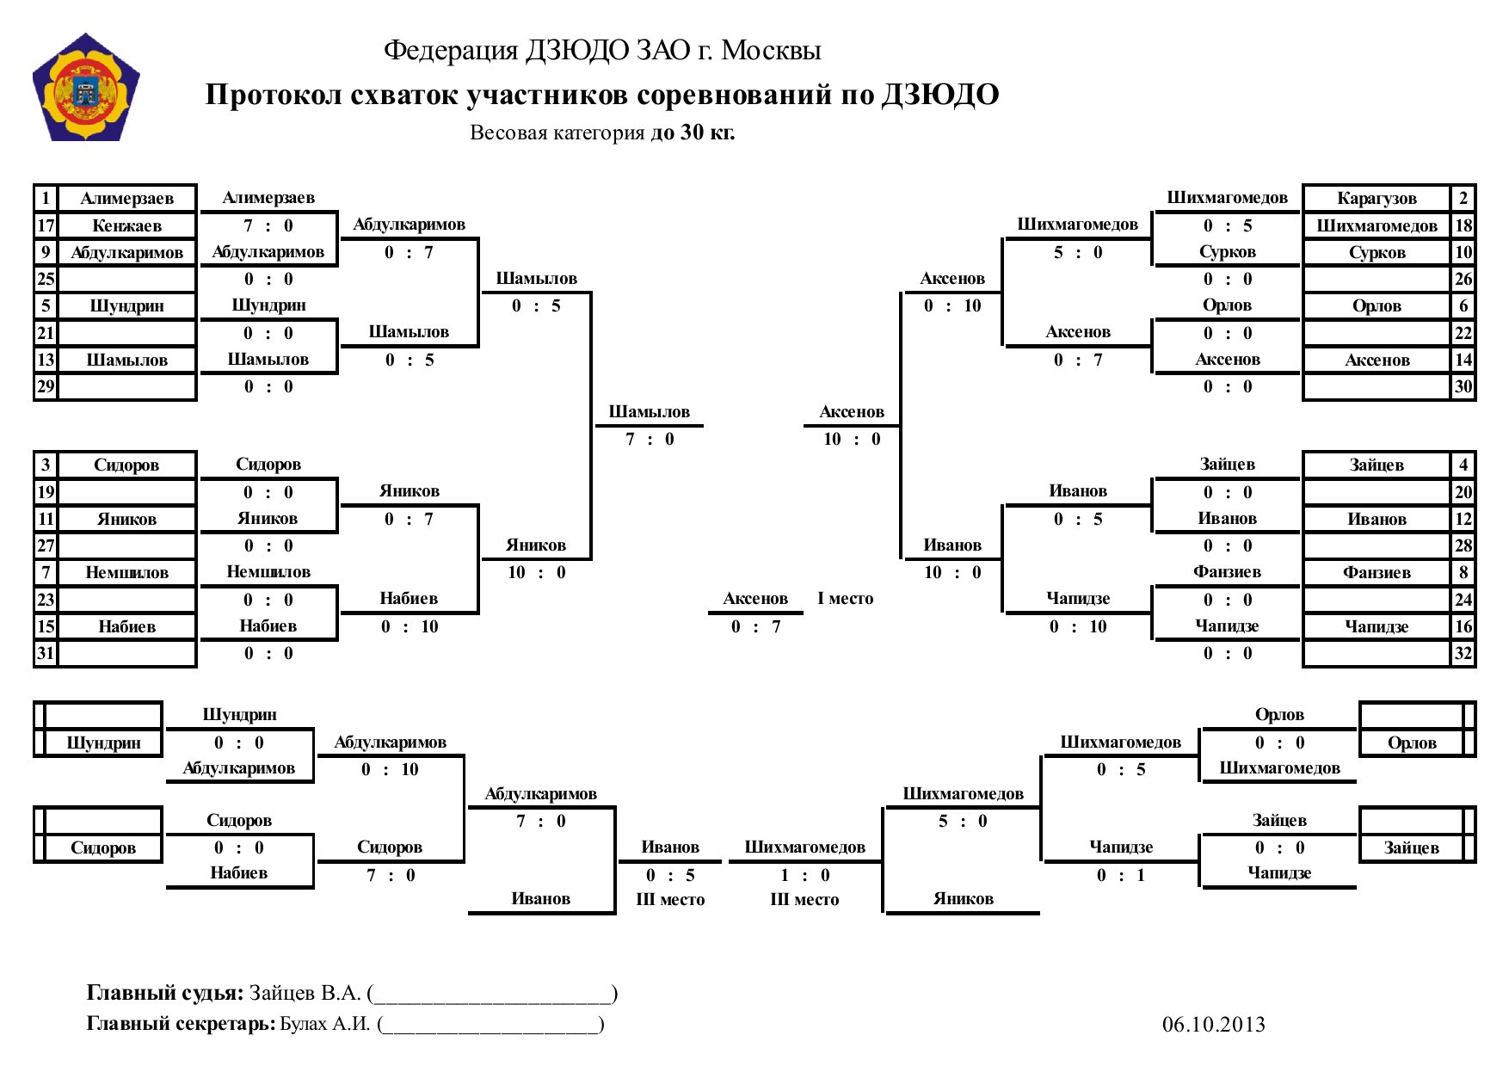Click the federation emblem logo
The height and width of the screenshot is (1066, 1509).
click(x=86, y=87)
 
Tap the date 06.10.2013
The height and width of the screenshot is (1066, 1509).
click(x=1213, y=1024)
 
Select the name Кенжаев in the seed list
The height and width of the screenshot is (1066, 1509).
click(x=127, y=225)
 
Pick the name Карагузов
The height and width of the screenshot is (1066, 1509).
click(x=1377, y=198)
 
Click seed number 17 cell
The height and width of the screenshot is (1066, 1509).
click(x=46, y=225)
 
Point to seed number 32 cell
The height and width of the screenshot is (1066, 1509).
click(x=1463, y=653)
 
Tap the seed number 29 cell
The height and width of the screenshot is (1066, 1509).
click(x=46, y=386)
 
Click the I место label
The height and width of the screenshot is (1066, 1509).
click(x=845, y=598)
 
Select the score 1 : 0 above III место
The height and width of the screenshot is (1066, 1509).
click(x=804, y=875)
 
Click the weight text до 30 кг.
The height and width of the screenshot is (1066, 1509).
click(x=693, y=132)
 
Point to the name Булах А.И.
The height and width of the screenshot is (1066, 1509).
click(x=325, y=1024)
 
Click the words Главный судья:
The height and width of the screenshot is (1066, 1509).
click(x=165, y=993)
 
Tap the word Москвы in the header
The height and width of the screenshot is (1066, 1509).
click(x=771, y=50)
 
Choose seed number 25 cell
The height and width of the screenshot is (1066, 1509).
click(x=46, y=279)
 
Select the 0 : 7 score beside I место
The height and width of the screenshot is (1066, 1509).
click(x=755, y=626)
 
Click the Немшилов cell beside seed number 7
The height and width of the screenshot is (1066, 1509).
click(x=127, y=572)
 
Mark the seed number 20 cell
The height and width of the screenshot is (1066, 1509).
click(x=1463, y=492)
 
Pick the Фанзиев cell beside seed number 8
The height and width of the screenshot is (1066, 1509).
click(x=1377, y=572)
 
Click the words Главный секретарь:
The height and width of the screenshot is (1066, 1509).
click(x=182, y=1024)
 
